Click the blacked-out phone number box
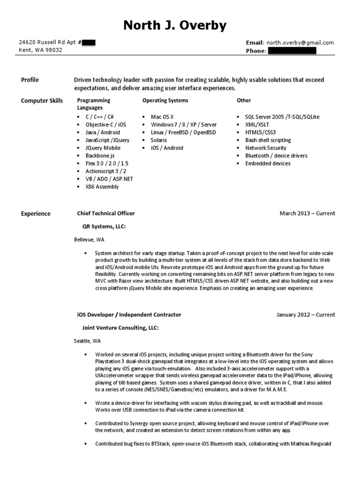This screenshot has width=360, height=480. (x=292, y=51)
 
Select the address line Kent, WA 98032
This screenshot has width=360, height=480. (x=39, y=51)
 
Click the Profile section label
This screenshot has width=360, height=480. (x=30, y=80)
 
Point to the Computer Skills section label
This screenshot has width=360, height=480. (x=42, y=101)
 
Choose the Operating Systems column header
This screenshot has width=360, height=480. (x=165, y=100)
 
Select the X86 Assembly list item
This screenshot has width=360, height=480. (x=102, y=187)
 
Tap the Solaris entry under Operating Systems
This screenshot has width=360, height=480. (x=159, y=140)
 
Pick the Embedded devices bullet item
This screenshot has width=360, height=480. (x=268, y=164)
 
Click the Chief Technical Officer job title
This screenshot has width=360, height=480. (x=105, y=213)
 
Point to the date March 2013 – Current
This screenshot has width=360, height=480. (x=307, y=214)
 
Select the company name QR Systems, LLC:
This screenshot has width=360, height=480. (x=104, y=226)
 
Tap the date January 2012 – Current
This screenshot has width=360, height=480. (x=306, y=315)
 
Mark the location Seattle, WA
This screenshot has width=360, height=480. (x=87, y=341)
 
